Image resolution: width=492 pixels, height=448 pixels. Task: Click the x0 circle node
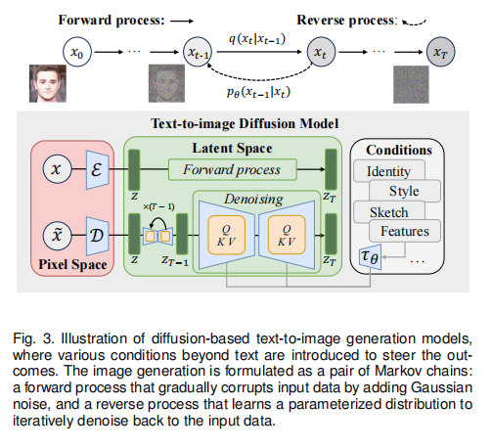pos(77,52)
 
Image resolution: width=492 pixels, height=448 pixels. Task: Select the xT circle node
pos(441,52)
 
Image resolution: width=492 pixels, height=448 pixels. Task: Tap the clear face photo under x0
pos(48,83)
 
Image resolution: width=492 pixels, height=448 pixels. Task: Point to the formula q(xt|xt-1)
pos(257,39)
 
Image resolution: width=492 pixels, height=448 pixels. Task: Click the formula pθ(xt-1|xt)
pos(258,92)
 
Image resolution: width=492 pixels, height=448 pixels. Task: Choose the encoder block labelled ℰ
pos(97,169)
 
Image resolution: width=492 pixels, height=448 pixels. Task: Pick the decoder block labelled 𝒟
pos(97,236)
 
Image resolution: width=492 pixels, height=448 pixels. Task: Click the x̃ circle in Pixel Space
pos(57,236)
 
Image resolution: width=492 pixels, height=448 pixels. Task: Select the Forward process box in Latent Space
pos(233,169)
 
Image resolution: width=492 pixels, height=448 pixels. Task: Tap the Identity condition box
pos(389,170)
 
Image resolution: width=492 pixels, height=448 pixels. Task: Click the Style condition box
pos(405,191)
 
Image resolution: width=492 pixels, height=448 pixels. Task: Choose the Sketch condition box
pos(389,212)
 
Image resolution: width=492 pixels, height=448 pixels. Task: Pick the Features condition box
pos(405,231)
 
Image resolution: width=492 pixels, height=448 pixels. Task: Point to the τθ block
pos(370,257)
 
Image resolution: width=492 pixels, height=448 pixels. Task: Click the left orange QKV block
pos(226,235)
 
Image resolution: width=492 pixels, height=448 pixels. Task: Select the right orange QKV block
pos(287,235)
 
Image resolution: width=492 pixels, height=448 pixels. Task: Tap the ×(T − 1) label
pos(158,206)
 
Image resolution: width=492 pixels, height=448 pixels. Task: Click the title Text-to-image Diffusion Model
pos(245,124)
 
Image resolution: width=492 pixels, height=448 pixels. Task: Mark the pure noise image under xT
pos(411,84)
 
